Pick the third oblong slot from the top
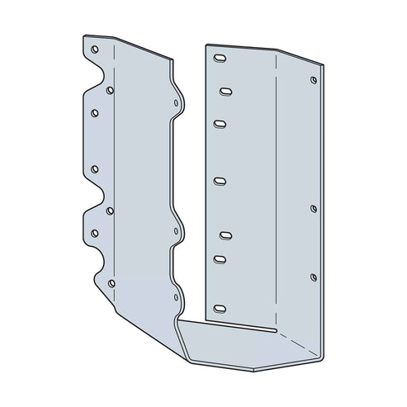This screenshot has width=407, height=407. coord(219,124)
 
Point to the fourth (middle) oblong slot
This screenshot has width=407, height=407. coord(219,179)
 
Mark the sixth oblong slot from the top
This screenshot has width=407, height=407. coord(219,259)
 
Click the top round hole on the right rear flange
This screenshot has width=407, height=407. coord(312,80)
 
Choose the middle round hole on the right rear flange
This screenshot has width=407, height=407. coord(313,208)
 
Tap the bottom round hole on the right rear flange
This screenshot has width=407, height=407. coord(313,277)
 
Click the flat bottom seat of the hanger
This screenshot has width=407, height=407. coord(248,347)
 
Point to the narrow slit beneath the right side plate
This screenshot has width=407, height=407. coord(239,329)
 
